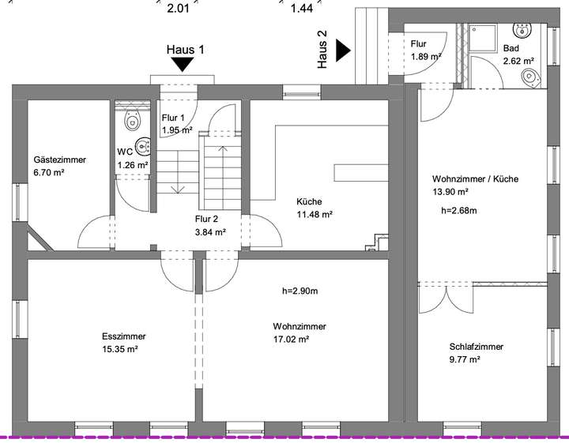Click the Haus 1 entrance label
click(x=186, y=49)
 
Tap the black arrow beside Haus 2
click(x=343, y=51)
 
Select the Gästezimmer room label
click(x=59, y=160)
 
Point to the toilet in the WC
click(x=132, y=120)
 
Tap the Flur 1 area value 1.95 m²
click(x=177, y=130)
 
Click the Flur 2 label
click(x=206, y=220)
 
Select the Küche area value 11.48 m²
click(x=315, y=214)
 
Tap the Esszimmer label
click(x=123, y=336)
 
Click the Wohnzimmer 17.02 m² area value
click(x=290, y=340)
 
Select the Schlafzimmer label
click(x=476, y=346)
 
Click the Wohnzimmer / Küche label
click(x=475, y=179)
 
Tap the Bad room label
click(x=511, y=49)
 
